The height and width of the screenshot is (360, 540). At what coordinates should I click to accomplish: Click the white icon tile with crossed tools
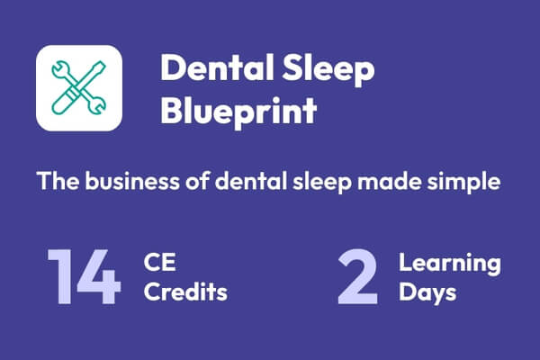(x=78, y=87)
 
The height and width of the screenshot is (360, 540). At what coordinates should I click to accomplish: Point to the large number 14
(x=83, y=277)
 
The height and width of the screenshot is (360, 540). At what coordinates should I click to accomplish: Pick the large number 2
(x=359, y=277)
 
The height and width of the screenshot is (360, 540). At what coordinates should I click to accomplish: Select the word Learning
(x=450, y=263)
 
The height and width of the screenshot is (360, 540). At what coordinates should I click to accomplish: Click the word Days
(x=429, y=292)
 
